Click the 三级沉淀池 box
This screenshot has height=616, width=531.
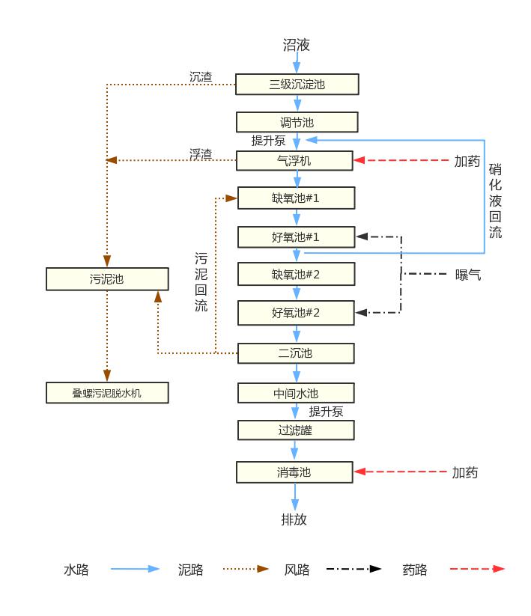pos(297,84)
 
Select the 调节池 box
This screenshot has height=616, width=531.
pos(297,122)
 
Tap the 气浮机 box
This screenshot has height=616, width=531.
pos(294,160)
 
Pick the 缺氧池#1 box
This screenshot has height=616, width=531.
pos(296,198)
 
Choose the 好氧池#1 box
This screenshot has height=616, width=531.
pos(296,237)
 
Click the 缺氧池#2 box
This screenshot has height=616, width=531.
pos(296,274)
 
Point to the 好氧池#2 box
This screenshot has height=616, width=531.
pos(296,312)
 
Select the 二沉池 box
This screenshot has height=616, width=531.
pos(296,353)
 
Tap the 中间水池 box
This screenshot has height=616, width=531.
pos(296,393)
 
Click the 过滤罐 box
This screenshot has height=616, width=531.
pos(296,430)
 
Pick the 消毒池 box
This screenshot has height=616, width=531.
pos(294,472)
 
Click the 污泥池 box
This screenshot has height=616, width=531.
pos(107,279)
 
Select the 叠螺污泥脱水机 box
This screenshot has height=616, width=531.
pos(107,392)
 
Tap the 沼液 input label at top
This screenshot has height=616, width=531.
pos(296,45)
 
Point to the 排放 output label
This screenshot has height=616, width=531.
pos(294,519)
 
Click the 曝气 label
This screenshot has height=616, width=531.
pos(468,275)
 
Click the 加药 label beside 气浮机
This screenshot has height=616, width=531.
pos(467,161)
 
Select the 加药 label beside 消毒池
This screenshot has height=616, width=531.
pos(465,472)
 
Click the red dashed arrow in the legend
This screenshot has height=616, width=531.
pos(477,569)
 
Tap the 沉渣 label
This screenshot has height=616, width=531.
pos(201,76)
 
